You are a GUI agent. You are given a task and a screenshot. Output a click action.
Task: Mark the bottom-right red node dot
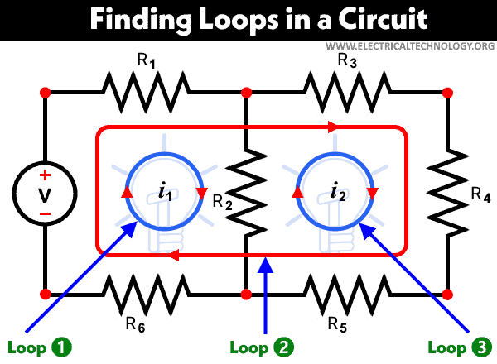[448, 294]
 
